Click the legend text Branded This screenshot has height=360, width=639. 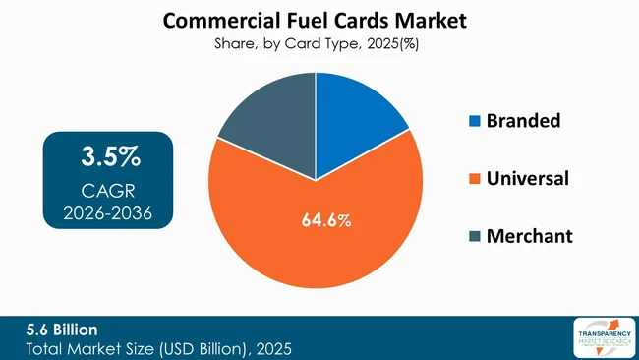525,122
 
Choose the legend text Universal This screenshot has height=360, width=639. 528,179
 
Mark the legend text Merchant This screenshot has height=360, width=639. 529,236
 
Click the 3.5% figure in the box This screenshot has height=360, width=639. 110,156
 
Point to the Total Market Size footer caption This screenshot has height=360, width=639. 148,347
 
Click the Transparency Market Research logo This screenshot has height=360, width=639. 600,337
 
